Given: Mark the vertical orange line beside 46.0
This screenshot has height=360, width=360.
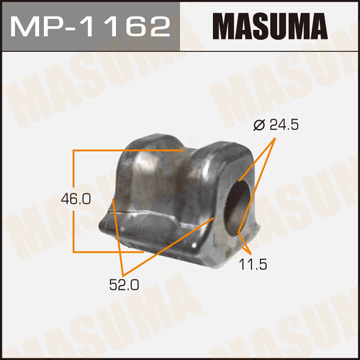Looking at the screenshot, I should click(73, 200).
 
